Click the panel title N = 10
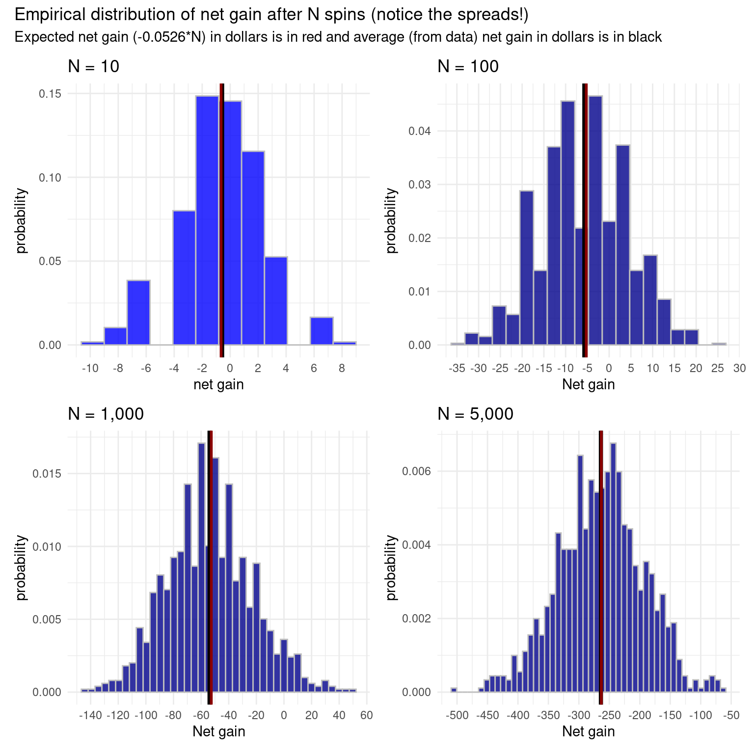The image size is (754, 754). [x=93, y=66]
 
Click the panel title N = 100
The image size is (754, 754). [x=468, y=66]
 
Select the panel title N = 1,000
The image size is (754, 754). [x=106, y=414]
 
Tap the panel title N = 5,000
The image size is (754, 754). [x=475, y=414]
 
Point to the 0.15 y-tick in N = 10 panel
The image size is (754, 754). [x=50, y=93]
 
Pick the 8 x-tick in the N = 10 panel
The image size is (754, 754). [x=342, y=368]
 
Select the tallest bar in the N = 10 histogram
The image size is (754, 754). [x=207, y=221]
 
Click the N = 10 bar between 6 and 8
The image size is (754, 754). [x=322, y=331]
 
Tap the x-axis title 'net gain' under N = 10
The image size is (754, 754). [x=218, y=384]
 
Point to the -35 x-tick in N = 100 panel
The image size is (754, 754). [x=457, y=368]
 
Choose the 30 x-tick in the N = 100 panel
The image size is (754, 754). [x=739, y=368]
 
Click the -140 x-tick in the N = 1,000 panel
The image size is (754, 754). [x=90, y=715]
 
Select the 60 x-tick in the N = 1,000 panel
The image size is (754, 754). [x=366, y=715]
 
